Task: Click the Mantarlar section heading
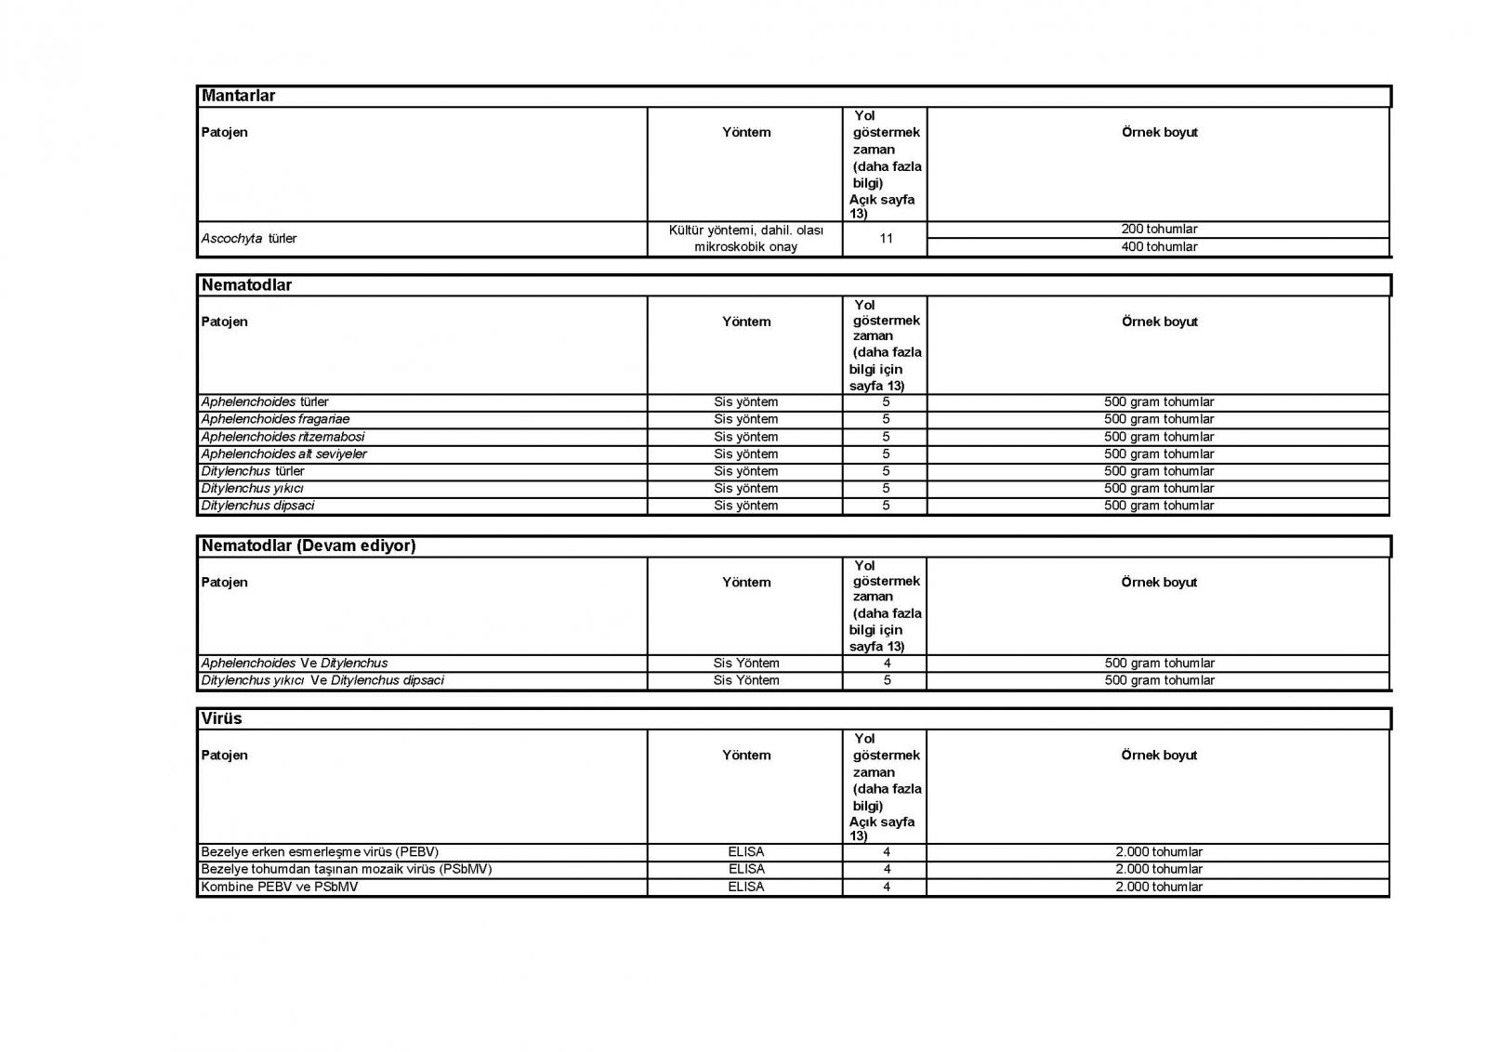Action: tap(238, 96)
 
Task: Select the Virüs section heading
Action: tap(221, 718)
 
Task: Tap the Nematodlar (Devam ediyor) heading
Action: tap(308, 546)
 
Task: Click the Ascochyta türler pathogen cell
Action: tap(249, 239)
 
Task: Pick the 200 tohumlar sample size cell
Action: tap(1159, 230)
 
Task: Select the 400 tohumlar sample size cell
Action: tap(1159, 247)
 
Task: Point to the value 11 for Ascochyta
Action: tap(886, 239)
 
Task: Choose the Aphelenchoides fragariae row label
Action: tap(262, 419)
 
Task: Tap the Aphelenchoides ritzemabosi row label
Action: tap(283, 437)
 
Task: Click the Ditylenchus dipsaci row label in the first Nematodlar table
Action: tap(257, 506)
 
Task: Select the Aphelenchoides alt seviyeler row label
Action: tap(283, 454)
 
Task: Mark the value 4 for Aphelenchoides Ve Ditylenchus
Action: tap(887, 664)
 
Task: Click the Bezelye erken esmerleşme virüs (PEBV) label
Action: tap(320, 852)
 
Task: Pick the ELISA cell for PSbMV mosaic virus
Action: tap(746, 869)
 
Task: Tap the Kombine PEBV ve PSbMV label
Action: tap(279, 887)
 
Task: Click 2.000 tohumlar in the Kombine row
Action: tap(1159, 887)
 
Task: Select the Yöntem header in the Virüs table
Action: tap(746, 756)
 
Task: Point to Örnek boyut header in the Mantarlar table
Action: tap(1159, 133)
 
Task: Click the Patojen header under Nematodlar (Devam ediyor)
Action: tap(224, 583)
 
